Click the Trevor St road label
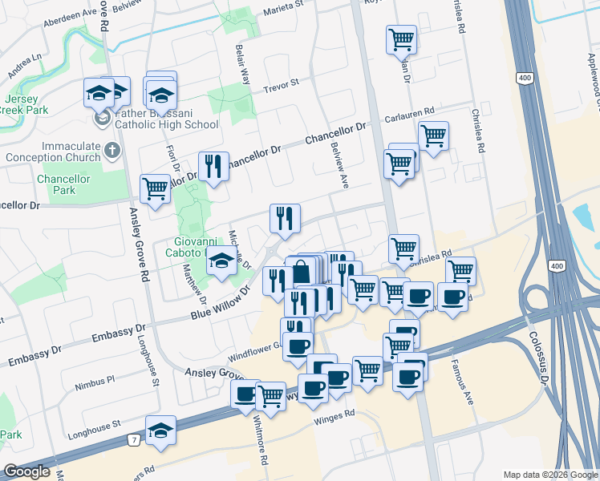[x=281, y=83]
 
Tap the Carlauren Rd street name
[x=408, y=111]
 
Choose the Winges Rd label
[x=334, y=415]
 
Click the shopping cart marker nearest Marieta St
[x=400, y=38]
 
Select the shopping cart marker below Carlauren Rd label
[x=433, y=135]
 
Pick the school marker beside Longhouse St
[x=160, y=430]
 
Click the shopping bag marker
[x=301, y=272]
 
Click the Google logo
[x=26, y=471]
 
